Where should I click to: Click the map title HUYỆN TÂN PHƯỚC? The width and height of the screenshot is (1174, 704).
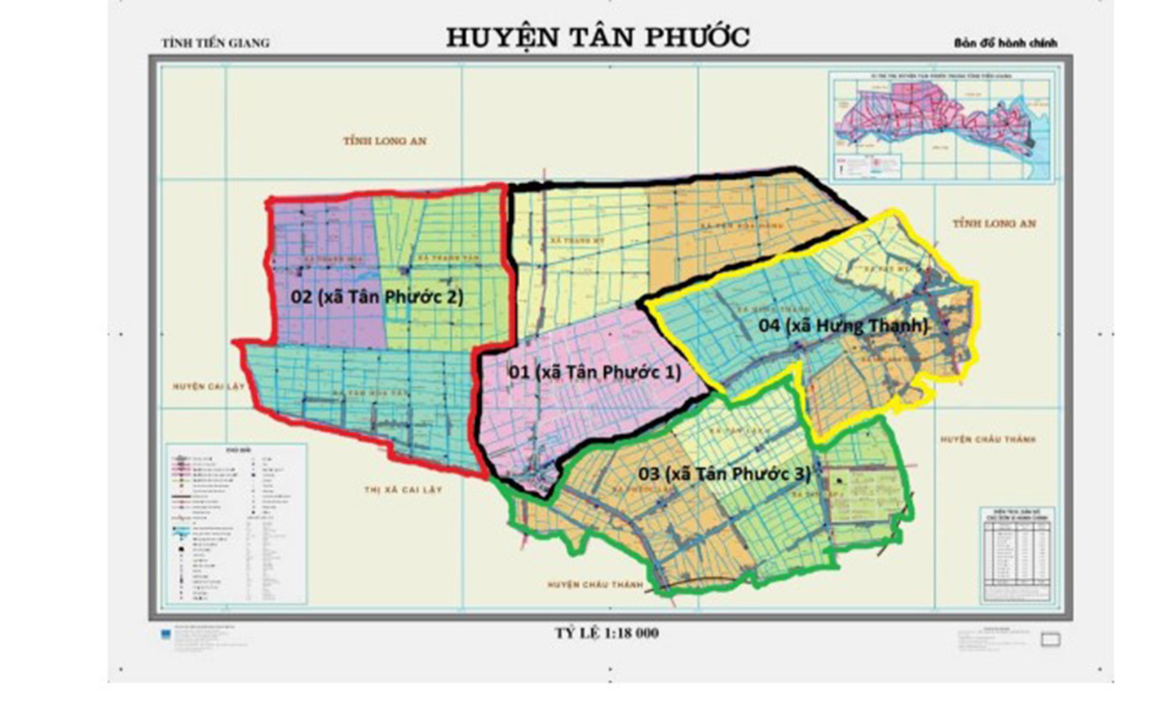[598, 37]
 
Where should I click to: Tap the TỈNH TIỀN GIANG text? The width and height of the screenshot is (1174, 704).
[215, 42]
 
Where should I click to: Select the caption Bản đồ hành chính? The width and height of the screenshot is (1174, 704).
[1005, 42]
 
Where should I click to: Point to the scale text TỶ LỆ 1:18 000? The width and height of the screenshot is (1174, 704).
[607, 633]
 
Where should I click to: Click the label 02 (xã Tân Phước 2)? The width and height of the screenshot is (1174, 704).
[377, 297]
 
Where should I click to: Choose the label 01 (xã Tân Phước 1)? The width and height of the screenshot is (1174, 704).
[594, 372]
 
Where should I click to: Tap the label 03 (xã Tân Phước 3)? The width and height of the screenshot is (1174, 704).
[724, 473]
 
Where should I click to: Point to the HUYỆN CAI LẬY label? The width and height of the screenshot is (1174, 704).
[209, 386]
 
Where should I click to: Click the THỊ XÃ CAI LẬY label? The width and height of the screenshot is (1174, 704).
[403, 490]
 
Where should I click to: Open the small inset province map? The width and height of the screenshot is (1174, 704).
[941, 127]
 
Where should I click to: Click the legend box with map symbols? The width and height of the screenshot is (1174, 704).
[236, 523]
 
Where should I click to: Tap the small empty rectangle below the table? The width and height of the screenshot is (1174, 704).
[1051, 640]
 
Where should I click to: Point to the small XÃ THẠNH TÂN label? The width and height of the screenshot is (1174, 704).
[447, 258]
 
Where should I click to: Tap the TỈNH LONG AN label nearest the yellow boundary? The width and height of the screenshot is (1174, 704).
[994, 223]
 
